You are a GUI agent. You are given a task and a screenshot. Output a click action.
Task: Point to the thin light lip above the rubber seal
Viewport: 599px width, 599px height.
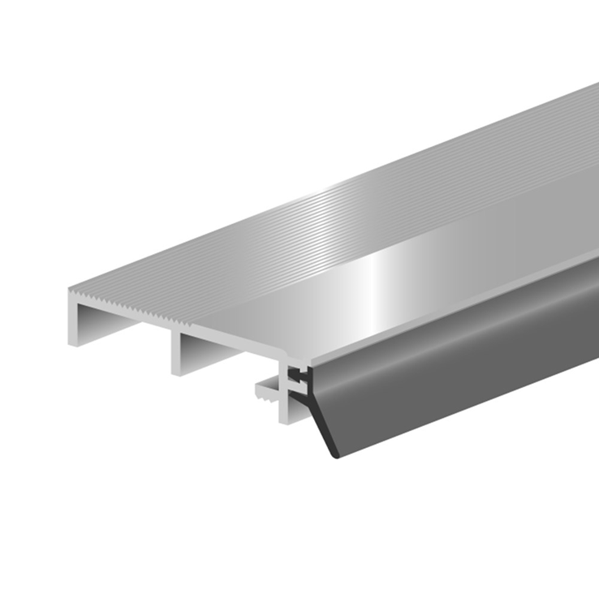tap(455, 304)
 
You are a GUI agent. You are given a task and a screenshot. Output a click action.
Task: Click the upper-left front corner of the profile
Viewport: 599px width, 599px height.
tap(71, 289)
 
